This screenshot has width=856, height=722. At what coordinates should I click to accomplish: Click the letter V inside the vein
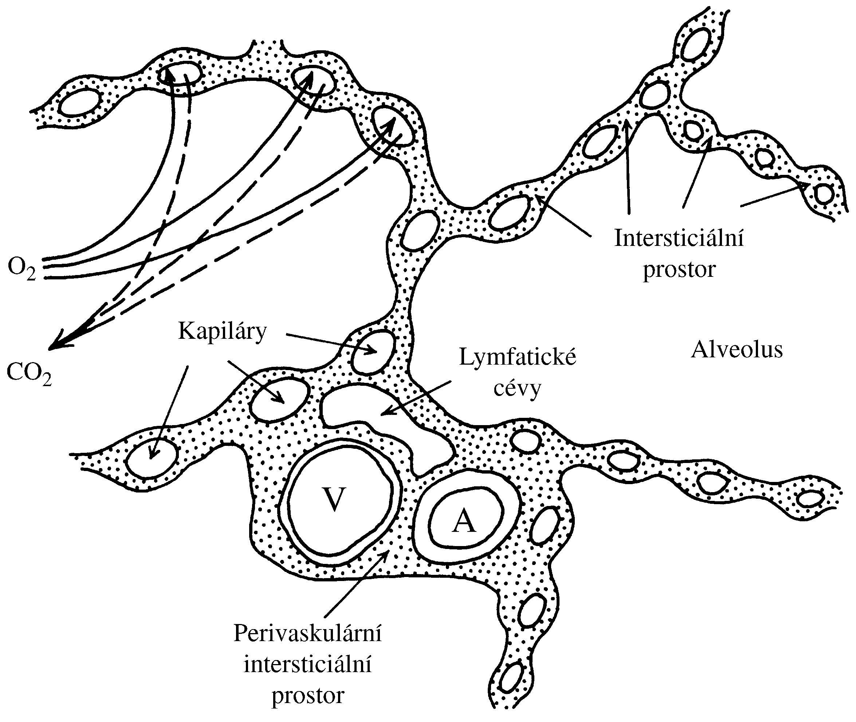(x=334, y=500)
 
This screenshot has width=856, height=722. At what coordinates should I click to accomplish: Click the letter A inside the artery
(x=464, y=522)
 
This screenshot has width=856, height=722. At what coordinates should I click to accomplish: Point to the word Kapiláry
(x=222, y=331)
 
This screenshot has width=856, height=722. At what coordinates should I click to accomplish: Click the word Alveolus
(x=737, y=350)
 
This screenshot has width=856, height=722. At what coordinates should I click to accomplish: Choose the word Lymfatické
(x=518, y=357)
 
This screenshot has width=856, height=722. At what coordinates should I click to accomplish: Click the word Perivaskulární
(x=307, y=634)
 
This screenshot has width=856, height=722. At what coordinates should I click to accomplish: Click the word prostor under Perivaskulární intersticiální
(x=308, y=695)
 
